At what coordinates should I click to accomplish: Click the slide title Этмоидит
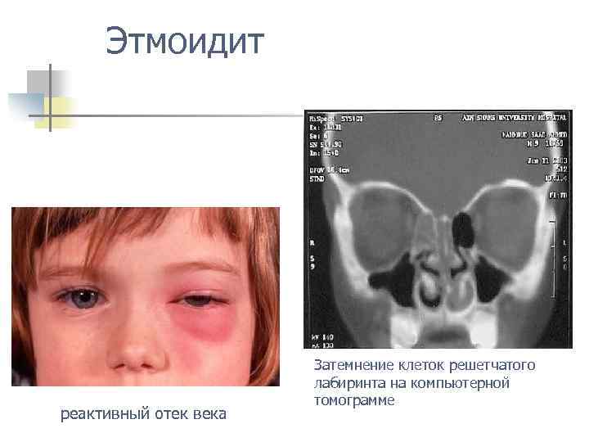(x=185, y=42)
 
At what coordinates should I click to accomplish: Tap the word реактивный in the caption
(x=106, y=414)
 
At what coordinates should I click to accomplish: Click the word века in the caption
(x=211, y=414)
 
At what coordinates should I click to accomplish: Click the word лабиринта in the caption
(x=345, y=382)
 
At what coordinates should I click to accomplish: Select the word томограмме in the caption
(x=353, y=400)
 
